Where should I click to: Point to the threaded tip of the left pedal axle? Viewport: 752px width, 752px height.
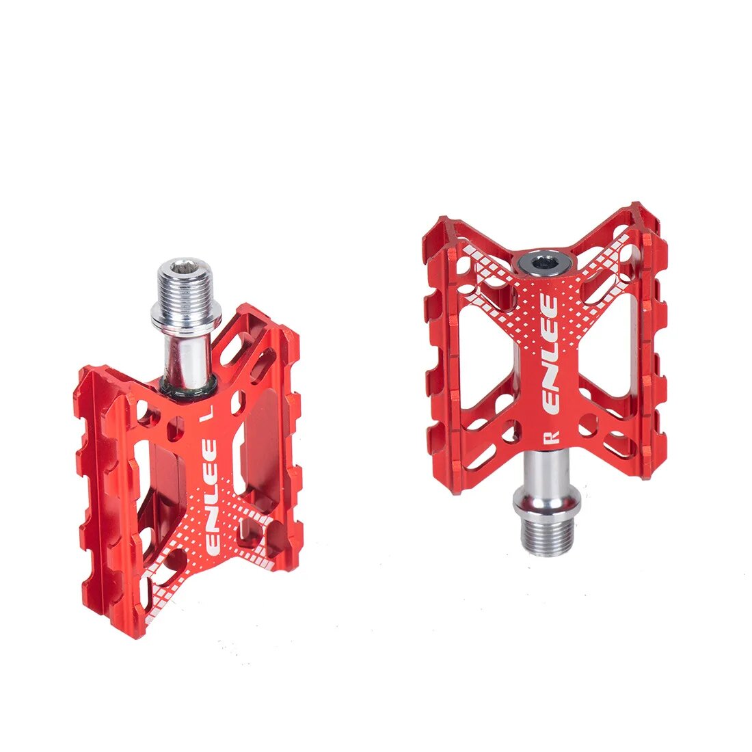(187, 287)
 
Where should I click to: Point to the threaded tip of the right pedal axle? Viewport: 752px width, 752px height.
(547, 537)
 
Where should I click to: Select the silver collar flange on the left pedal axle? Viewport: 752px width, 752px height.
(186, 315)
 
